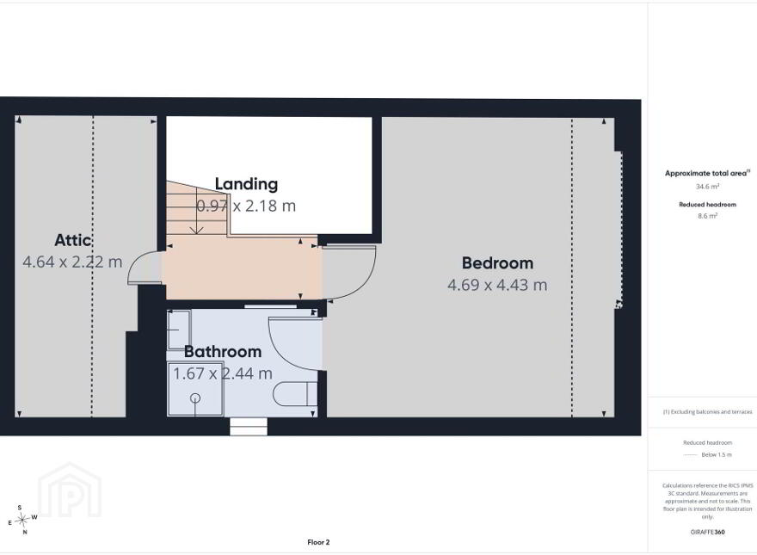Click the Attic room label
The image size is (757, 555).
(x=73, y=240)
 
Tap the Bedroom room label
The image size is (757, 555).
(x=497, y=262)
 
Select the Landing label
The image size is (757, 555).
(x=246, y=184)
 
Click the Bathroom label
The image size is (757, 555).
(x=223, y=351)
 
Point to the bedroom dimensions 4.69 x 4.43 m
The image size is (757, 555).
(x=497, y=285)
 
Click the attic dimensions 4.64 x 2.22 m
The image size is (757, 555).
(x=72, y=262)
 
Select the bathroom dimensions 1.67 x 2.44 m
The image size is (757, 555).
(x=223, y=373)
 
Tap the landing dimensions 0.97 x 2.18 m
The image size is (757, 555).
(x=246, y=206)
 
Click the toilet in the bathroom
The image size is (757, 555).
(x=295, y=394)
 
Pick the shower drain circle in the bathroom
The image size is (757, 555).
(x=195, y=398)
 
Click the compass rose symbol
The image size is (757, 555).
(x=22, y=520)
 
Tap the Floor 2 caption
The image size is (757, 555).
(x=318, y=542)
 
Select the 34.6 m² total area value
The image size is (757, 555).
(x=707, y=187)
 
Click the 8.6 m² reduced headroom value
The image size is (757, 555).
(x=707, y=216)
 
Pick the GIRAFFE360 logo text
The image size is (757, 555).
(x=707, y=533)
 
